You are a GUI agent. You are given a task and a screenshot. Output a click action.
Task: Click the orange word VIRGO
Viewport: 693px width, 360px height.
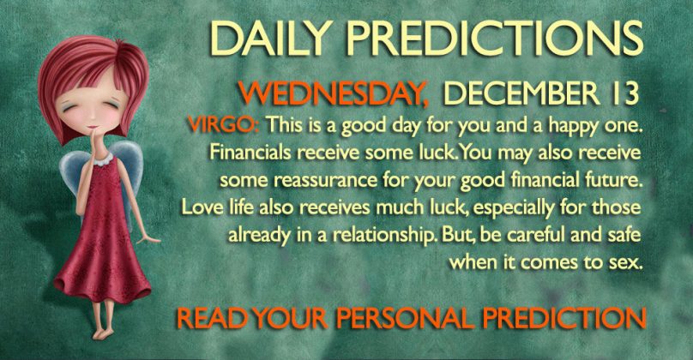(x=223, y=125)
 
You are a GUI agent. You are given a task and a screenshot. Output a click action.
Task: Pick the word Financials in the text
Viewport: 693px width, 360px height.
(x=250, y=153)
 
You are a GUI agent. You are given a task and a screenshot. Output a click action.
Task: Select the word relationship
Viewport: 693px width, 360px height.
(x=383, y=235)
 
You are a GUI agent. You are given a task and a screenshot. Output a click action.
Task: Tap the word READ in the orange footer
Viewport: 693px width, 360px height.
(x=211, y=319)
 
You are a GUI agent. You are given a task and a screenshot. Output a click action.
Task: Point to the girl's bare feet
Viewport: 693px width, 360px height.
(x=105, y=332)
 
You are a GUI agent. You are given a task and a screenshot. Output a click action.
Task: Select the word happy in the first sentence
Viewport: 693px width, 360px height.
(x=572, y=127)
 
